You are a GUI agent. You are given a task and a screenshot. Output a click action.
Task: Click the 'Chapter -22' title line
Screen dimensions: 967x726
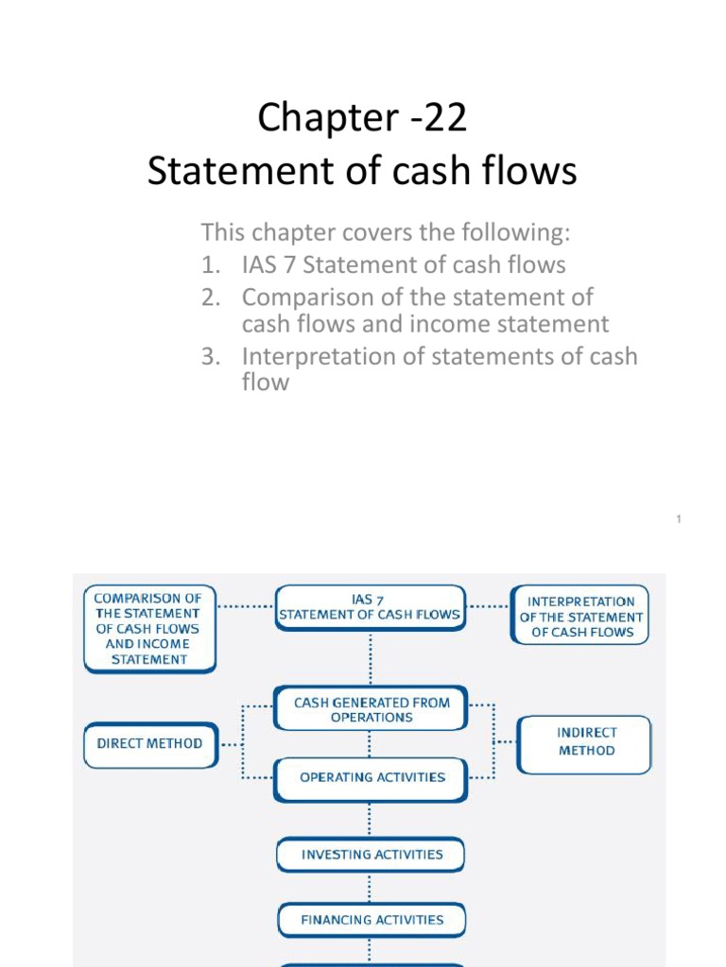(362, 119)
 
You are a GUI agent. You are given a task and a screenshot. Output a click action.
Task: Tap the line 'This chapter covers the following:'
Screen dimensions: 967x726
(387, 232)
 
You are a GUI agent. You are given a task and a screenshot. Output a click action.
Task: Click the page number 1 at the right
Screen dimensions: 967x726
(679, 519)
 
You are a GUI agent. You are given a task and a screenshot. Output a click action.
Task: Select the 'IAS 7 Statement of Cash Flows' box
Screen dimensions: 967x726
(370, 607)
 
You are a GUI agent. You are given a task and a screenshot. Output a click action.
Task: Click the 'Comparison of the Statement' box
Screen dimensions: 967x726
(149, 628)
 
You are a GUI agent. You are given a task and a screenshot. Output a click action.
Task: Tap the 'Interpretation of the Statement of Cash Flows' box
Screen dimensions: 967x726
(580, 616)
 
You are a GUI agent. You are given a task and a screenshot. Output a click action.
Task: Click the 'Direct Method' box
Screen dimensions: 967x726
(149, 743)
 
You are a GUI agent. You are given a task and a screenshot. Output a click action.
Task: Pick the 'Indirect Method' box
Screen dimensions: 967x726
(585, 742)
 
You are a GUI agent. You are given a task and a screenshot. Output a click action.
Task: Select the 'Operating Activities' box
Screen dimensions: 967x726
(371, 778)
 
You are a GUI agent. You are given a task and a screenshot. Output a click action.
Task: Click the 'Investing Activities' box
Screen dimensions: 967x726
(371, 855)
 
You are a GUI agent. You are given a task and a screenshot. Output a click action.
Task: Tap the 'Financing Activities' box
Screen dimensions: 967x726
(371, 919)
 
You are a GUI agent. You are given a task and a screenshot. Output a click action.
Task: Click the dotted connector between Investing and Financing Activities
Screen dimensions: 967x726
(371, 888)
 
